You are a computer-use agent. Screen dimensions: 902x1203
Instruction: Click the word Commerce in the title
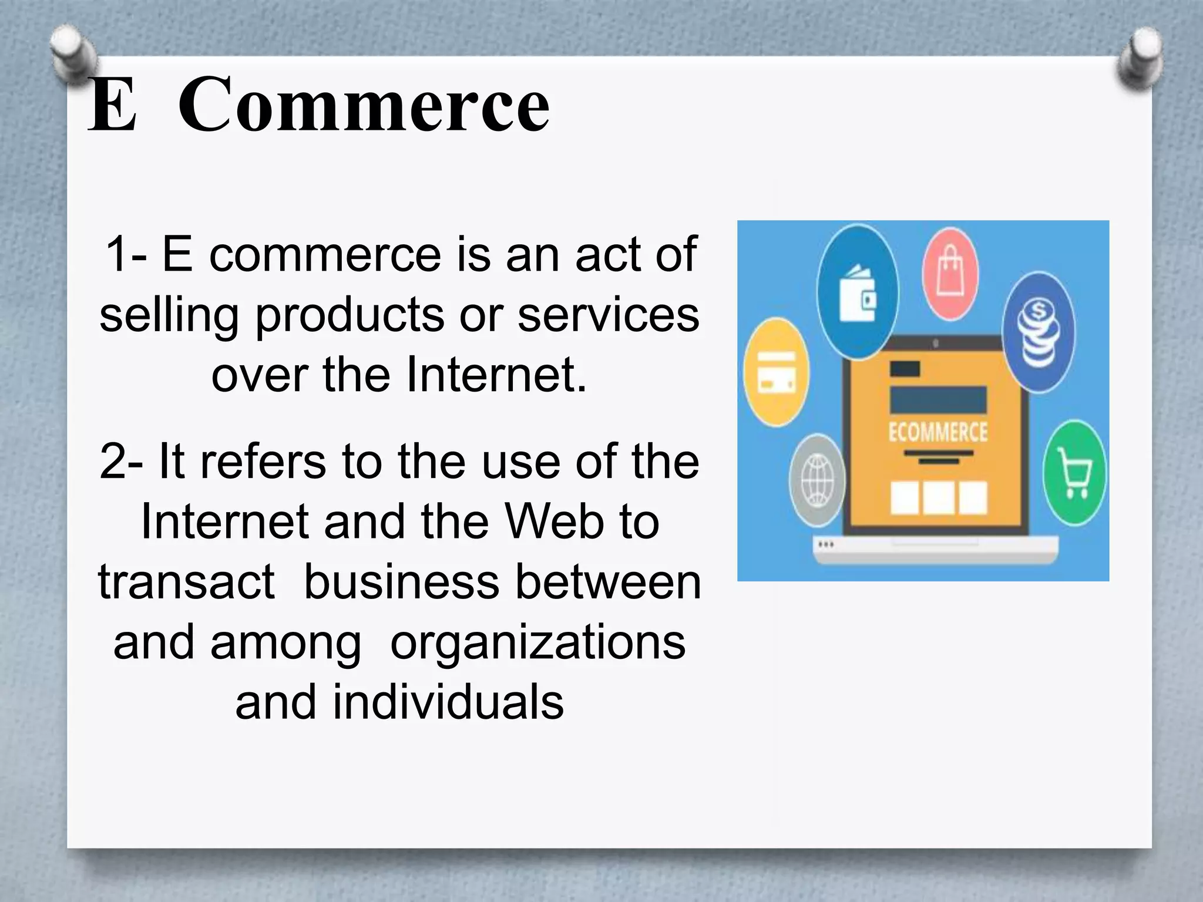(x=364, y=106)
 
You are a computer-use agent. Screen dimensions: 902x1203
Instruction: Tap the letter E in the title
(x=113, y=106)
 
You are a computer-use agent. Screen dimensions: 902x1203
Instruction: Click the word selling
(x=169, y=316)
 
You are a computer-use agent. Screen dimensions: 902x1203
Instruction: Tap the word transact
(x=186, y=582)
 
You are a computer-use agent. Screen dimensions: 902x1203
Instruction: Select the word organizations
(x=537, y=642)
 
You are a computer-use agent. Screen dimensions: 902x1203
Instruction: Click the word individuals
(x=448, y=702)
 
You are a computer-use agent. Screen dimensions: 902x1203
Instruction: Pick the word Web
(x=555, y=521)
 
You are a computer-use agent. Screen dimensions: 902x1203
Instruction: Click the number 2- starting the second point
(x=121, y=462)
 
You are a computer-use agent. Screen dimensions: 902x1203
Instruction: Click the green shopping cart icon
(x=1074, y=473)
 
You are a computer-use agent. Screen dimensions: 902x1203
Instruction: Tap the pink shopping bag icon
(x=950, y=274)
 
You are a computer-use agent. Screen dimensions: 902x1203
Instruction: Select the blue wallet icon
(x=858, y=292)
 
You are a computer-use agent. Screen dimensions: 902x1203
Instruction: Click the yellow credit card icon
(x=776, y=372)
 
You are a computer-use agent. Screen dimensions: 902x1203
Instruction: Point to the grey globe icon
(x=818, y=480)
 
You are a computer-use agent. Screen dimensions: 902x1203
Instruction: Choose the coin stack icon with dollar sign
(x=1039, y=332)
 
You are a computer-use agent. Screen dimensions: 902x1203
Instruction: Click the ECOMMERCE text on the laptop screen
(x=937, y=432)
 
